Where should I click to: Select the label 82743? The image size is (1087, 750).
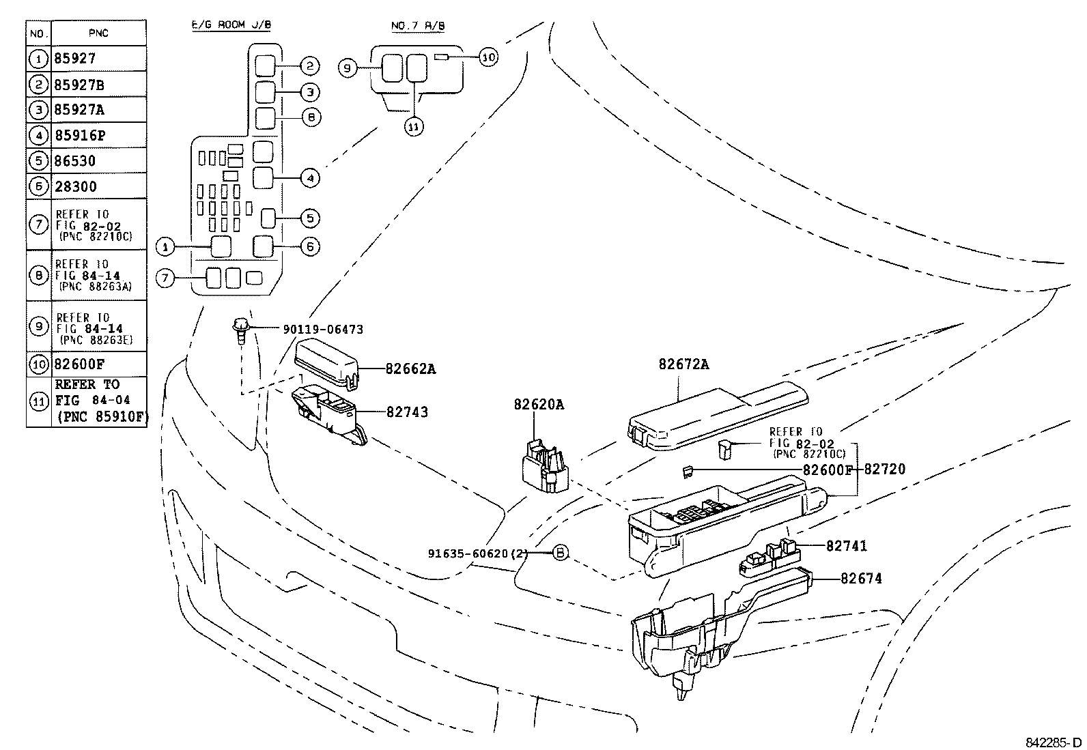pos(407,412)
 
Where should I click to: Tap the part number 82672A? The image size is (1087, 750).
pos(683,364)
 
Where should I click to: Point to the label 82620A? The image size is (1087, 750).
pos(539,405)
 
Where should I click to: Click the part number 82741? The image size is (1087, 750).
pos(846,546)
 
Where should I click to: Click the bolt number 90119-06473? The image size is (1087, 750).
pos(322,330)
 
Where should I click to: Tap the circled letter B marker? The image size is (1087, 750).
pos(559,553)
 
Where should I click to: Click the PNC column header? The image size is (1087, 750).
pos(98,33)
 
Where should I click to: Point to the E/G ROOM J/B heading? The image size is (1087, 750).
pos(230,26)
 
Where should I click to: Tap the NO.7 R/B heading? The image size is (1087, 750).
pos(418,26)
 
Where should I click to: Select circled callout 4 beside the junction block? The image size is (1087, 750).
pos(309,178)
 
